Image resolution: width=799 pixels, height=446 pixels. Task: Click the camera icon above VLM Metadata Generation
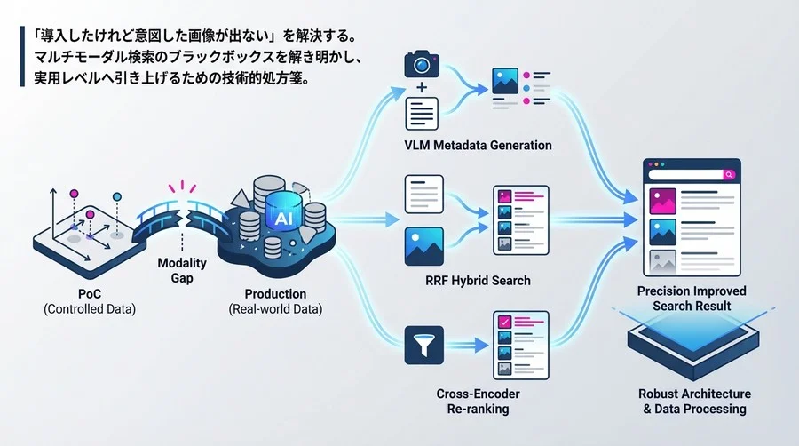(x=422, y=64)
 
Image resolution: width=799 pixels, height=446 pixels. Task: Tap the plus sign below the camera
(x=422, y=88)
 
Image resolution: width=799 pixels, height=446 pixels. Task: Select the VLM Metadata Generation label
(x=478, y=146)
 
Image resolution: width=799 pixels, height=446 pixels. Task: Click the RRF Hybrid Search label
(x=478, y=281)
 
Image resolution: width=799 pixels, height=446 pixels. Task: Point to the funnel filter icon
(x=424, y=345)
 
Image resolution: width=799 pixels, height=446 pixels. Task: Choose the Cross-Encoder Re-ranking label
(x=478, y=402)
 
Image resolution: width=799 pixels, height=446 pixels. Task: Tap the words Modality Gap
(x=182, y=270)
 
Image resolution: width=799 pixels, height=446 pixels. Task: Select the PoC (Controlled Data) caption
(x=90, y=301)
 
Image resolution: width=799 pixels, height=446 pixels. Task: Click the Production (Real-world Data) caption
(x=275, y=301)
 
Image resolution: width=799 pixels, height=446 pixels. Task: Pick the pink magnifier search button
(x=729, y=175)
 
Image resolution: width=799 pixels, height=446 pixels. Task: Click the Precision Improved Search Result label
(x=692, y=299)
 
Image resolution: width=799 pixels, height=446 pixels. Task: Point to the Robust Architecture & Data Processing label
(x=694, y=402)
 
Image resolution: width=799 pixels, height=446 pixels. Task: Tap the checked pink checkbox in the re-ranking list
(x=504, y=322)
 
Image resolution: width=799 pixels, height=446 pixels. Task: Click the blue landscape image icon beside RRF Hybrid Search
(x=424, y=247)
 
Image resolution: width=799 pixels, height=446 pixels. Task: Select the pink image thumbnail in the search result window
(x=663, y=201)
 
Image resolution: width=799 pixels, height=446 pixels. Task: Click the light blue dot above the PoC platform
(x=117, y=196)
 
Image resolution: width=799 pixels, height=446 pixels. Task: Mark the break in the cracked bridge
(x=182, y=217)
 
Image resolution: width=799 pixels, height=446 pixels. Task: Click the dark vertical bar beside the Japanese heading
(x=22, y=57)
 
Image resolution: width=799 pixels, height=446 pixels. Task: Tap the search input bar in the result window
(x=686, y=175)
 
